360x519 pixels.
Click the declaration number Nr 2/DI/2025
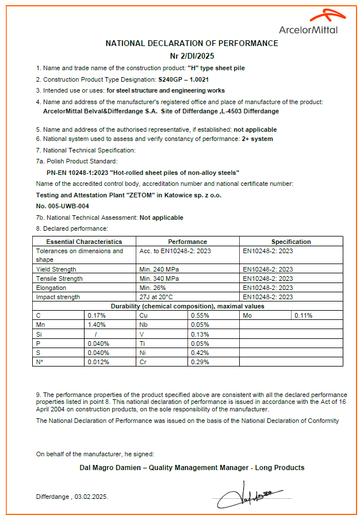point(192,56)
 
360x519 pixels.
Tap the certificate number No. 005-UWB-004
point(62,206)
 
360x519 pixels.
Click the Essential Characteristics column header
point(84,242)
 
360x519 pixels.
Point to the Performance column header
point(187,242)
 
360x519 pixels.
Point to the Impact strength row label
point(58,297)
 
